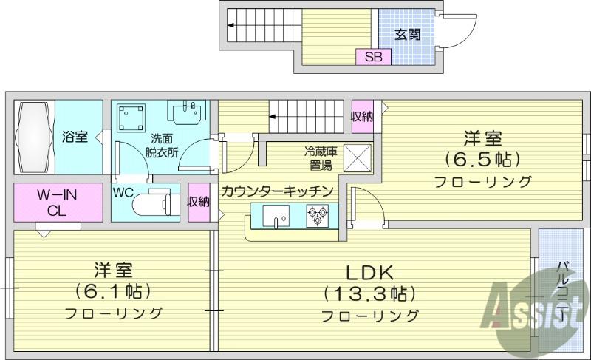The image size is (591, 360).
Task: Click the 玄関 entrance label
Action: [408, 35]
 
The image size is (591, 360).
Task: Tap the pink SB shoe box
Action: [374, 56]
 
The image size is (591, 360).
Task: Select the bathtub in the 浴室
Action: [34, 137]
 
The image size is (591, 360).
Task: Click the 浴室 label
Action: [75, 137]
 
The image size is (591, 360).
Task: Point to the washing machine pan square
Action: [131, 118]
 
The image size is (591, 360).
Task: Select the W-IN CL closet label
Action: [58, 203]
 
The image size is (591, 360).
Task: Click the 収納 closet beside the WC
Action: [199, 202]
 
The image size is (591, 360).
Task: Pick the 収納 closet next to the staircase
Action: [362, 117]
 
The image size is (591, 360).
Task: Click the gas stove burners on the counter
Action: [318, 216]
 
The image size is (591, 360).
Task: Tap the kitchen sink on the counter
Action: [276, 216]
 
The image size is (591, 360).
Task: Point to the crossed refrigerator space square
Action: [358, 157]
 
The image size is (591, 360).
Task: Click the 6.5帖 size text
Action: [483, 160]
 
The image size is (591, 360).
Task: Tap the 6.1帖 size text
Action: [113, 291]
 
